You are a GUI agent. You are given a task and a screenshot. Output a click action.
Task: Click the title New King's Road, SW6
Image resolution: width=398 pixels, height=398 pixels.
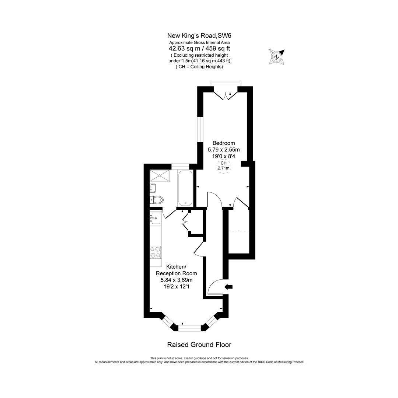coord(199,36)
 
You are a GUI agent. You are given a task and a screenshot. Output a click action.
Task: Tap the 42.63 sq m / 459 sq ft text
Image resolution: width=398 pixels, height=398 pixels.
coord(199,48)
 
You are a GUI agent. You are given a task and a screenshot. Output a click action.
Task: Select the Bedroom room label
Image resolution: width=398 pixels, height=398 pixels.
coord(224,143)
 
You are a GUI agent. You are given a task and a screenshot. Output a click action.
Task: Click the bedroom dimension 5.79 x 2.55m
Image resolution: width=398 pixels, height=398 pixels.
coord(224,150)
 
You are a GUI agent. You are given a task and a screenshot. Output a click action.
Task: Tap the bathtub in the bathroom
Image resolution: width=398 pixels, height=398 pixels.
coord(185,188)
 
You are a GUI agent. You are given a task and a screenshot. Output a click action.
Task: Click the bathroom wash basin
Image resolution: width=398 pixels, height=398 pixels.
coord(153,188)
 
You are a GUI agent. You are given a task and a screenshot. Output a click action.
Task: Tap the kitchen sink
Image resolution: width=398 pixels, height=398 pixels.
coord(156,218)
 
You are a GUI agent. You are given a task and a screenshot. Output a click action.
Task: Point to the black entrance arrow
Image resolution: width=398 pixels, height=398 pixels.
coord(228,287)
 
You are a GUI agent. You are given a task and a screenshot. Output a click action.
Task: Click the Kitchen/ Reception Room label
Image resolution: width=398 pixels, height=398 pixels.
coord(177,270)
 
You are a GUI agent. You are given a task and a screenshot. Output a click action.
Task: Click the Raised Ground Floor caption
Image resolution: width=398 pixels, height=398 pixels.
coord(199,345)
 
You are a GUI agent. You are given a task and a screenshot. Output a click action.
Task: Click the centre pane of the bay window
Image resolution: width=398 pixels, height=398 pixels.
coord(190,327)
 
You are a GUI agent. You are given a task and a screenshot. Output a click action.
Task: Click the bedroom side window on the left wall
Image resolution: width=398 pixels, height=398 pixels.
coord(200,129)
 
